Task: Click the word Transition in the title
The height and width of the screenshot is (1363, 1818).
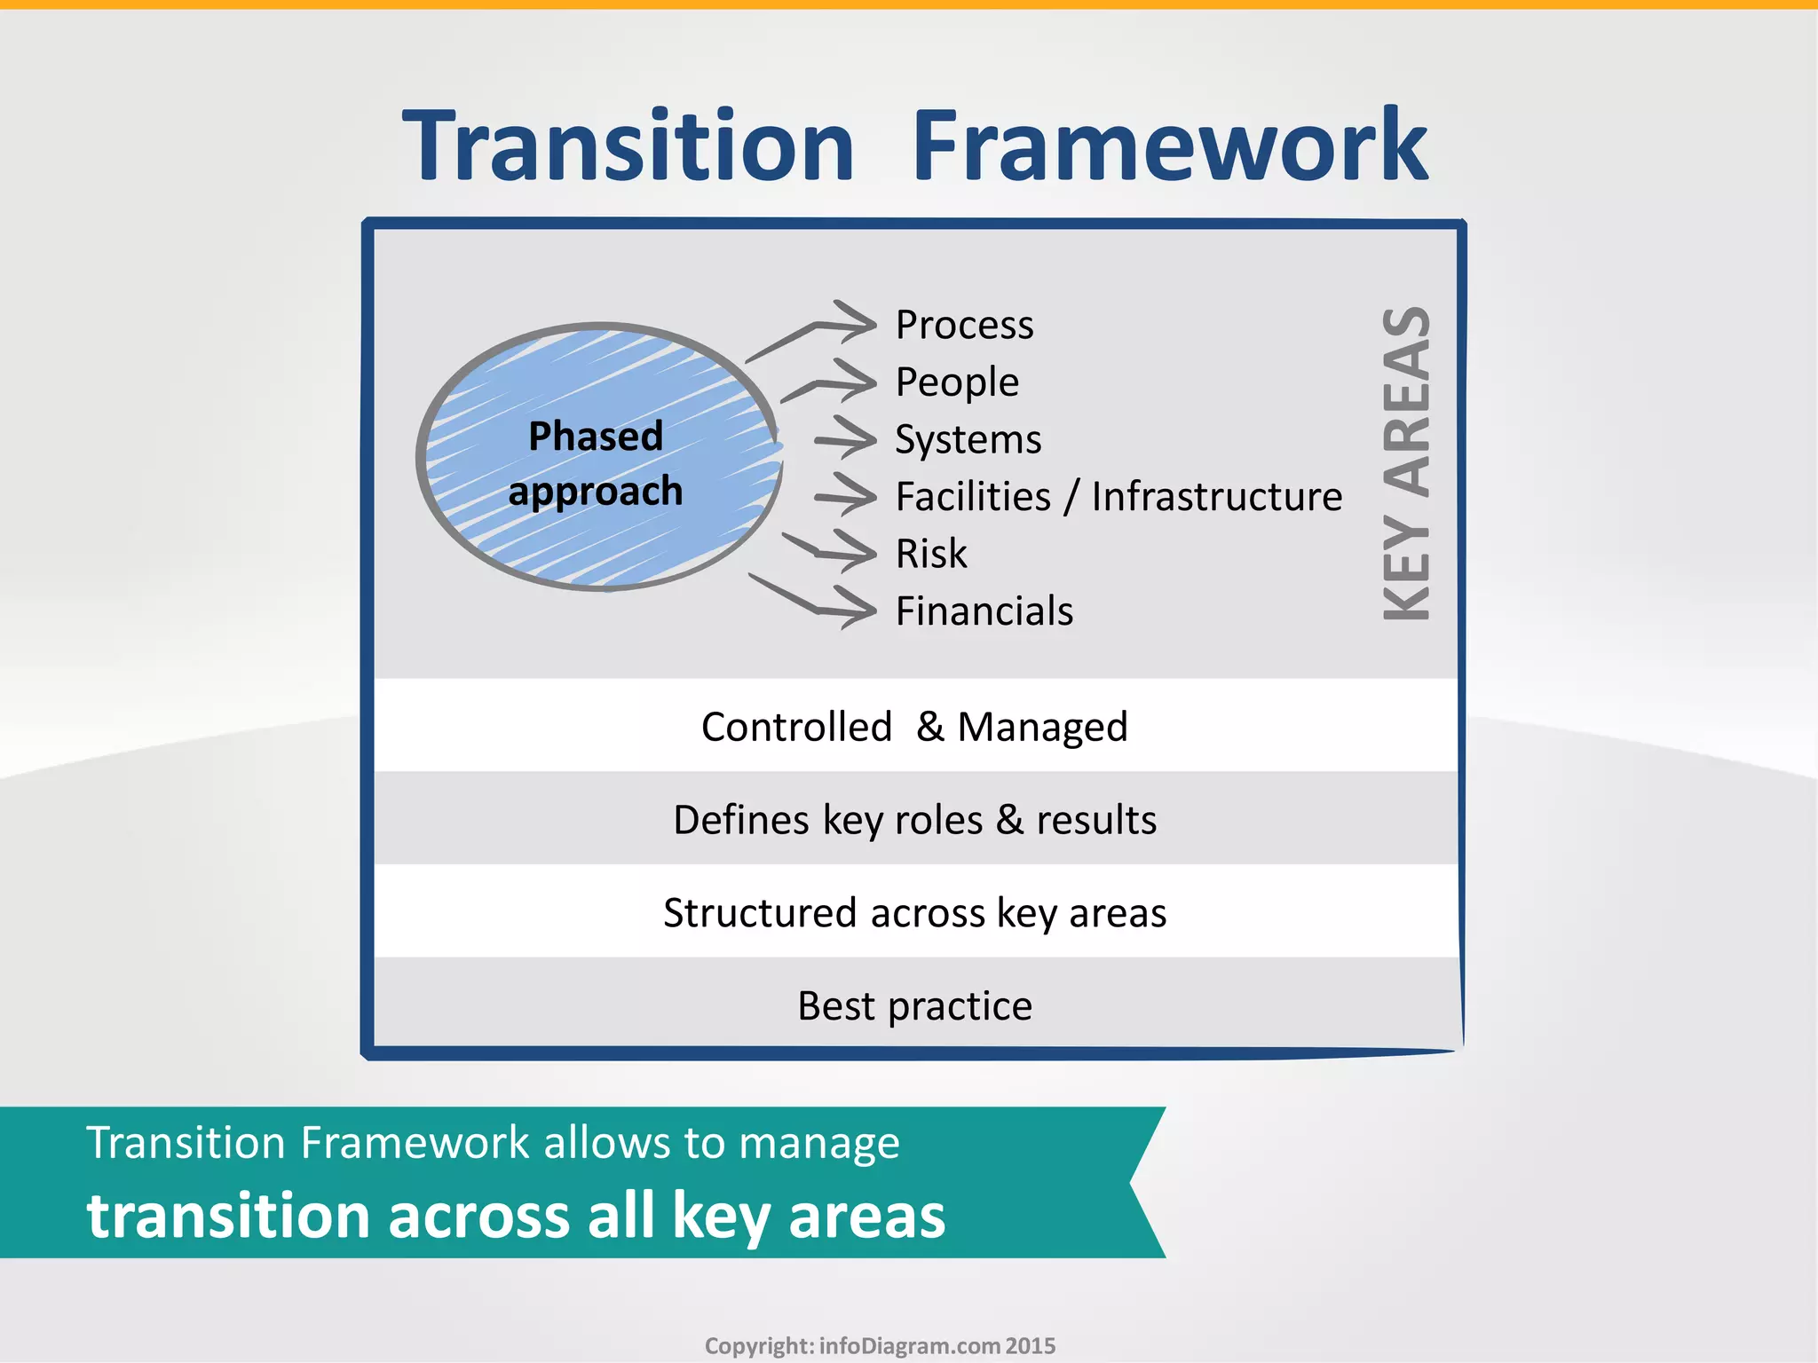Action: (628, 146)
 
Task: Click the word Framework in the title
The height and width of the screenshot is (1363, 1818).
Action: (1170, 146)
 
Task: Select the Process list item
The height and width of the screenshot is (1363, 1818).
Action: (964, 325)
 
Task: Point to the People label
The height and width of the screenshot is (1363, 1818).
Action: (957, 382)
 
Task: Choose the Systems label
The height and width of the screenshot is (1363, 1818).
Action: (968, 440)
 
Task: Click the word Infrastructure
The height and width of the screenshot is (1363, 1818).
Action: (1216, 497)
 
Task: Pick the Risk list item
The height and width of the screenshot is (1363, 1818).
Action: (930, 554)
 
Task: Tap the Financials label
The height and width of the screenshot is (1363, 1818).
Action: (984, 611)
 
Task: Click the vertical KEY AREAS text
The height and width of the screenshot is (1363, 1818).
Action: (1407, 463)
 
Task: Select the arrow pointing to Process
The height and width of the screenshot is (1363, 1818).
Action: (812, 330)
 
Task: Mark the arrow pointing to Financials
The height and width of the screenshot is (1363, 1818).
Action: (812, 601)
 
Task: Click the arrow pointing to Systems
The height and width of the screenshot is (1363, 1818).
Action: (845, 438)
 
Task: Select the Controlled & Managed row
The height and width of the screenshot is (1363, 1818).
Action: (914, 727)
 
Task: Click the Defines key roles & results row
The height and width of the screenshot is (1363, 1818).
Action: (914, 820)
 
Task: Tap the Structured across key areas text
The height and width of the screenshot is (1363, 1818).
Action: (914, 913)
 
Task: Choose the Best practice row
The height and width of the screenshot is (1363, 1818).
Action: (914, 1006)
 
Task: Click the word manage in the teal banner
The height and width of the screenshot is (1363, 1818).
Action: (818, 1144)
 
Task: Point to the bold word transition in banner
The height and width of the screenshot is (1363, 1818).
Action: (227, 1216)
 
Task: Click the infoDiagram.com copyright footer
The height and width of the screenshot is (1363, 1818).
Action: (880, 1346)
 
